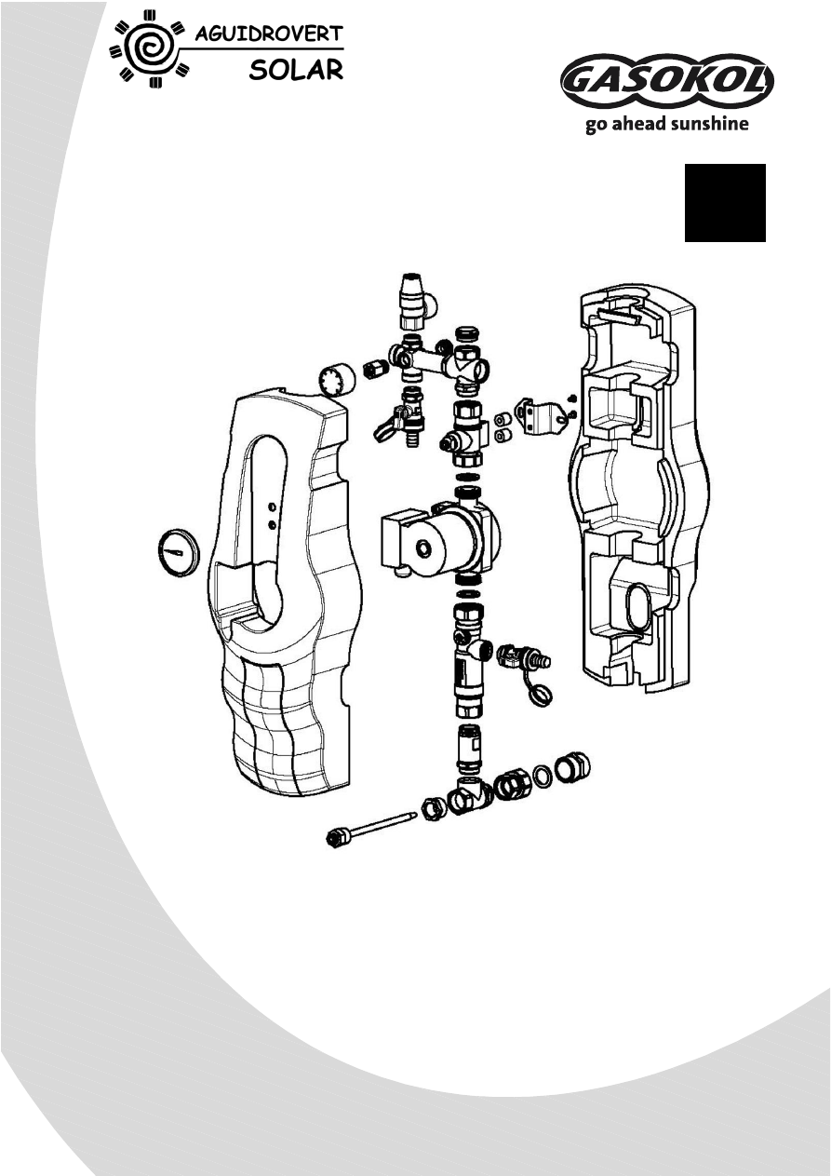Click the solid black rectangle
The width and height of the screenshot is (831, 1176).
(725, 203)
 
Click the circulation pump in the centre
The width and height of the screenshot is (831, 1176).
(437, 535)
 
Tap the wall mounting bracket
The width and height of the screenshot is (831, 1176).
(543, 416)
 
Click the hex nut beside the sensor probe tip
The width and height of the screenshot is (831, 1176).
(433, 808)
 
